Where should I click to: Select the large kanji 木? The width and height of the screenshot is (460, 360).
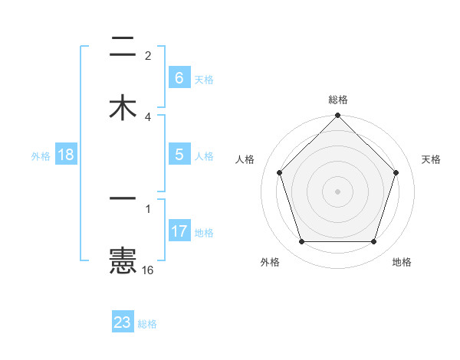coord(123,107)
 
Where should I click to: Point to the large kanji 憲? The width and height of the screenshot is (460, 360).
coord(123,260)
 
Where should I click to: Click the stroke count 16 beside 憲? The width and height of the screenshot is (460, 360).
coord(147,270)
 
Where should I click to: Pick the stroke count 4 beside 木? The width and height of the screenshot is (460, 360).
coord(148,117)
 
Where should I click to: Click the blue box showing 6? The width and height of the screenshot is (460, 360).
coord(179,78)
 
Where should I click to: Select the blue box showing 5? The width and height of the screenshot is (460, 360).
coord(179,155)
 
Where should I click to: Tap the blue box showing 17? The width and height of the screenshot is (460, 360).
coord(179,231)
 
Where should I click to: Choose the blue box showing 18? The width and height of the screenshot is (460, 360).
coord(66,155)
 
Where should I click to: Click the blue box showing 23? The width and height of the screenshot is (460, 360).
coord(123,322)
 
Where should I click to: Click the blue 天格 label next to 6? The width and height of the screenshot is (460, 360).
coord(204,79)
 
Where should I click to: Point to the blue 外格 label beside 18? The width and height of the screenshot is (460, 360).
coord(41,155)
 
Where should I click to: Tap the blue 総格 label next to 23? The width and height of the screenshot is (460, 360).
coord(147,323)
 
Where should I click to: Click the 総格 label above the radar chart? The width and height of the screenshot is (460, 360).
coord(337,100)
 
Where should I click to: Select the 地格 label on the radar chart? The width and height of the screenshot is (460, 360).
coord(402,263)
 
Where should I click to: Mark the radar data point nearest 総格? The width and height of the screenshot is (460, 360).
coord(337,116)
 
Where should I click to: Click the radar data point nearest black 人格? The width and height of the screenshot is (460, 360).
coord(279,172)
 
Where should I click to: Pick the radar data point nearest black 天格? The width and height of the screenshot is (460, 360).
coord(396,172)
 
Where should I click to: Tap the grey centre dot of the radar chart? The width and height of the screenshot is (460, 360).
coord(337,191)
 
